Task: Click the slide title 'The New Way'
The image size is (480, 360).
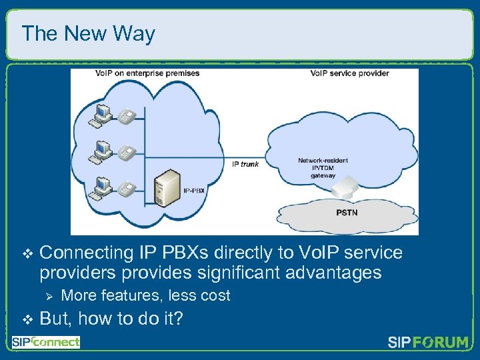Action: click(x=88, y=33)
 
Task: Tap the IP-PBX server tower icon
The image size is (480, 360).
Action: click(x=165, y=188)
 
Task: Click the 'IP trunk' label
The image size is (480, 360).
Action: click(x=245, y=163)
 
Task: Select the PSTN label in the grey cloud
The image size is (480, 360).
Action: click(x=346, y=213)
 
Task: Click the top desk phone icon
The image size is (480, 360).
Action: click(x=126, y=117)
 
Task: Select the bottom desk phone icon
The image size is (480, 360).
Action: click(x=126, y=189)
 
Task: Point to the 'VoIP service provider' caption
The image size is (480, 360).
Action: click(x=349, y=73)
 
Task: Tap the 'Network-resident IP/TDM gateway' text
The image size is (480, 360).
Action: click(x=323, y=168)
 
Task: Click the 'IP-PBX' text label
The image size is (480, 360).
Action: click(x=193, y=191)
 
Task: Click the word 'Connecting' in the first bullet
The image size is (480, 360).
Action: click(x=87, y=253)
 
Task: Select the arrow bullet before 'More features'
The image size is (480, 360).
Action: click(x=47, y=295)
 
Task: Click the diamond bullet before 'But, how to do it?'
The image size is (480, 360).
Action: click(x=27, y=319)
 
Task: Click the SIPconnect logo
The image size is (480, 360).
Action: click(x=45, y=342)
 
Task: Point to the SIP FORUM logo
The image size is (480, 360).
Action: click(x=427, y=343)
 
